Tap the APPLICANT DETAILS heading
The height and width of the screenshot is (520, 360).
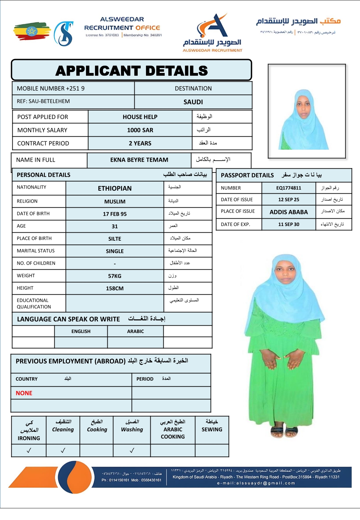tap(132, 71)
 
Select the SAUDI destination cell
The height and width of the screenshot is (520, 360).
tap(193, 102)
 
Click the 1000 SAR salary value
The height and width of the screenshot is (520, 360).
tap(140, 130)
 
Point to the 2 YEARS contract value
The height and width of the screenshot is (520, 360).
tap(140, 143)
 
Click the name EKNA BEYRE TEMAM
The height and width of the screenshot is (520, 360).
tap(139, 160)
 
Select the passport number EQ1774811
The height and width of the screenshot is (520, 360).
tap(289, 188)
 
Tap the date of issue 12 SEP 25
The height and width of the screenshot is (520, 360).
tap(289, 200)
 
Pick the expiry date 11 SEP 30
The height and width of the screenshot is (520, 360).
tap(289, 224)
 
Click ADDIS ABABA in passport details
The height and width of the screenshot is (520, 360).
tap(289, 212)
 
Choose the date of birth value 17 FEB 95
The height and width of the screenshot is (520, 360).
tap(115, 214)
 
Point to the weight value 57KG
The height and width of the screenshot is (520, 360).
tap(115, 276)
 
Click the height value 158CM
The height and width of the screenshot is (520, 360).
tap(115, 288)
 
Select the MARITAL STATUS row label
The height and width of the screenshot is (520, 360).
tap(36, 251)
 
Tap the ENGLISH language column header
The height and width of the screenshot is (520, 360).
tap(81, 331)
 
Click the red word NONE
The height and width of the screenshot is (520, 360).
tap(24, 393)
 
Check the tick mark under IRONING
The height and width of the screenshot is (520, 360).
tap(29, 450)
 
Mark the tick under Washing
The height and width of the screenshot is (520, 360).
tap(132, 450)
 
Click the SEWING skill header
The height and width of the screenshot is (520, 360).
tap(212, 429)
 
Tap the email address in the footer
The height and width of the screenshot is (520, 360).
tap(256, 483)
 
